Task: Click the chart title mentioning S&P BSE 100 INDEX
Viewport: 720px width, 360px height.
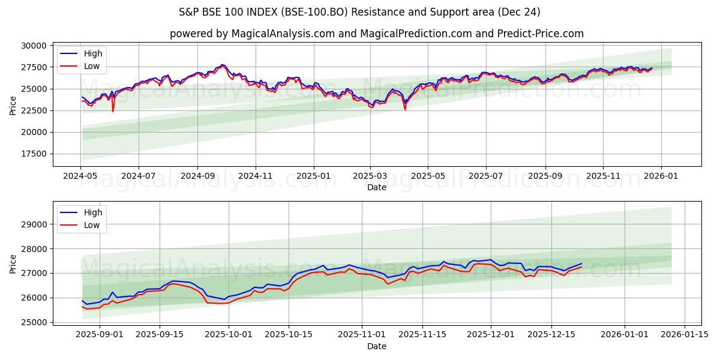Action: point(359,12)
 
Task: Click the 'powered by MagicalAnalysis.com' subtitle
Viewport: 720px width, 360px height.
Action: point(376,34)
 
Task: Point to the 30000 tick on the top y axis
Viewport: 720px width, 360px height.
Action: point(34,46)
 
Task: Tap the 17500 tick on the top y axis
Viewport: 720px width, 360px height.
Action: point(34,154)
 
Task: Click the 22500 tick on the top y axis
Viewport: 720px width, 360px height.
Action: point(34,110)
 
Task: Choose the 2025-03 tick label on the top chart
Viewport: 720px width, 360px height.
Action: point(370,176)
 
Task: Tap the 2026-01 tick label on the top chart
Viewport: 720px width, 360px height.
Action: point(661,176)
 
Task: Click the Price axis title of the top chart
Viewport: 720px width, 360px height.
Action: point(13,104)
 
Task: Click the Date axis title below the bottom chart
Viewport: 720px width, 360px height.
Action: point(376,346)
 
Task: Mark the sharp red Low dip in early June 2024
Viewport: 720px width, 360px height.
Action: point(113,111)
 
